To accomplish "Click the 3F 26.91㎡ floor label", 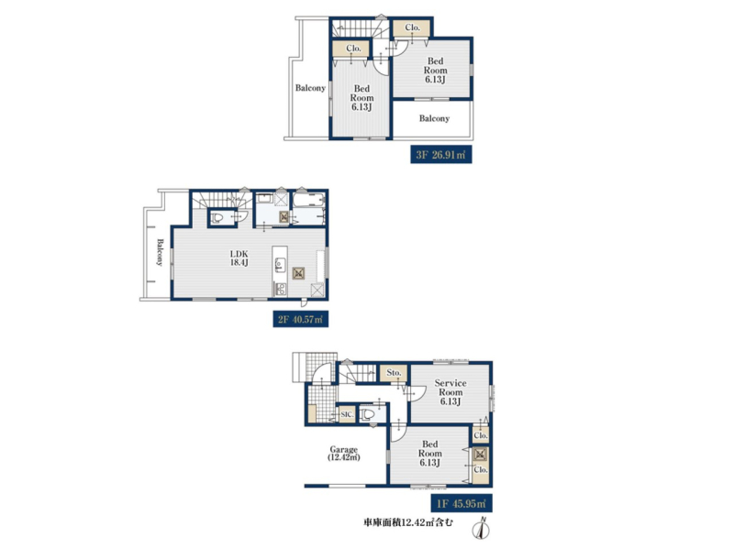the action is click(x=441, y=155).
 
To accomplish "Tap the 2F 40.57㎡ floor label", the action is click(x=301, y=319).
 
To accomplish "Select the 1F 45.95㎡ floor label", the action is click(x=462, y=503).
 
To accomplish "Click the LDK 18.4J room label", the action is click(x=239, y=258).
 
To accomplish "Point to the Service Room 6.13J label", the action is click(x=450, y=392).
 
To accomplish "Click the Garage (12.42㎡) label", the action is click(x=343, y=453).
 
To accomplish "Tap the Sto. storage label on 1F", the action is click(x=395, y=373).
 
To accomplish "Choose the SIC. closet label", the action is click(x=347, y=414).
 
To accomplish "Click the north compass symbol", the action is click(x=481, y=528).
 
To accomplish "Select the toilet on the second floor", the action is click(x=217, y=217).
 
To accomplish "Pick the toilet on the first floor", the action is click(x=369, y=414).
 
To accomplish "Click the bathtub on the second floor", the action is click(x=308, y=200).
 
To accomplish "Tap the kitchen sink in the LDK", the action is click(x=280, y=264).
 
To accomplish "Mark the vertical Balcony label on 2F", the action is click(x=160, y=253).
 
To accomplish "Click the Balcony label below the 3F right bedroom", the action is click(x=434, y=119).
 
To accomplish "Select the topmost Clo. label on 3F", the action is click(x=412, y=27).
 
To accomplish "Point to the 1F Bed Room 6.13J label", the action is click(x=429, y=453).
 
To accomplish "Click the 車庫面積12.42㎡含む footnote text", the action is click(x=408, y=522).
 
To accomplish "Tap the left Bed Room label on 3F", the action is click(x=361, y=98).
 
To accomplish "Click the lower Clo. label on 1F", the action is click(x=481, y=469).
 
